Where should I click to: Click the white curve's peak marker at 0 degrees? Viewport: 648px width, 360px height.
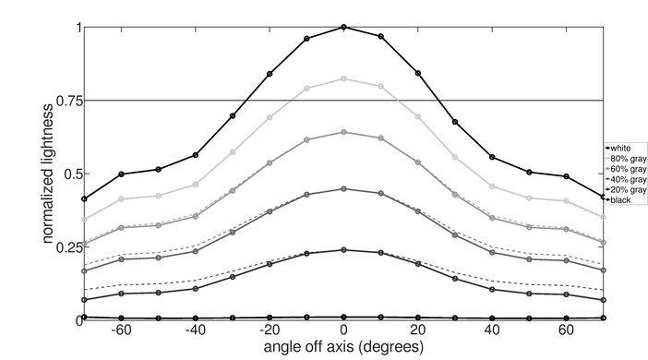[343, 28]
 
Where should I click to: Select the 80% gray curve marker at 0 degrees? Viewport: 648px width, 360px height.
[343, 78]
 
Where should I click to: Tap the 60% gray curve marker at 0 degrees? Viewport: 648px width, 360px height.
[343, 132]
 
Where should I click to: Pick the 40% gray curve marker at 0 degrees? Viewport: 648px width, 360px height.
[343, 188]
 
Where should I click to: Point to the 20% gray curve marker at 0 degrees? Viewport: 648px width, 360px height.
[343, 250]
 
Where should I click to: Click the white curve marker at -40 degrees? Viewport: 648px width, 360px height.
[196, 155]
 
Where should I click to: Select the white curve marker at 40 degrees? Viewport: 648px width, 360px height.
[492, 157]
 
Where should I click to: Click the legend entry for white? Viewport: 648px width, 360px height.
[620, 148]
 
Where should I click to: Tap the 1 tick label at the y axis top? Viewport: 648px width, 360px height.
[78, 27]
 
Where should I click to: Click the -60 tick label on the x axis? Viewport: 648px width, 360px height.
[120, 330]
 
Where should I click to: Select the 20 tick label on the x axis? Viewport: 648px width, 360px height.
[418, 330]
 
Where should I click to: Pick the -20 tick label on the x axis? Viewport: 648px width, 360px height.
[268, 330]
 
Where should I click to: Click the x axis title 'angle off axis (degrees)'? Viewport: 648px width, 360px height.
[342, 348]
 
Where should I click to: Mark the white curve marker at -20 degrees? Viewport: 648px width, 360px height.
[270, 74]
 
